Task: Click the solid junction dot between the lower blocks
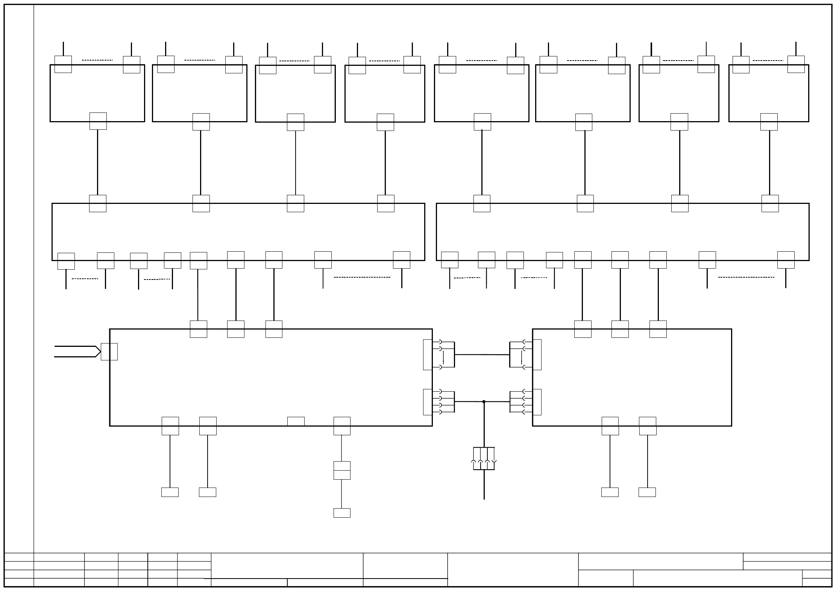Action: pos(484,402)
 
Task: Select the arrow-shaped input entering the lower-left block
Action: pos(77,351)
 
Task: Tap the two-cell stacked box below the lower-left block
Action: pos(342,470)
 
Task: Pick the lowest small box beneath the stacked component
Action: pos(342,513)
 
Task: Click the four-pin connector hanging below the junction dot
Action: pos(484,459)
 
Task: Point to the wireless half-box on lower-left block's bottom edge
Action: pos(296,421)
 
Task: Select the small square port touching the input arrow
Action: pos(109,351)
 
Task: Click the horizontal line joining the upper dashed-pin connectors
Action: pos(482,354)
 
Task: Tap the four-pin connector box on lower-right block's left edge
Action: pos(537,402)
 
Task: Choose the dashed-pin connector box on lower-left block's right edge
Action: pos(428,355)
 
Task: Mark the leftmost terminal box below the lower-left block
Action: pos(170,492)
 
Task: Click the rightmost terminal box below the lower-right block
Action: pos(647,492)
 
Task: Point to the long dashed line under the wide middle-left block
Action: pos(362,277)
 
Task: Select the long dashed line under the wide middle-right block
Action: pos(746,277)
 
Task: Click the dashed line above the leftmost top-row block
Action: pos(97,60)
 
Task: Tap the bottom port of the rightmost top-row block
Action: pos(769,122)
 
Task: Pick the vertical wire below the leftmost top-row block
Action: pos(98,162)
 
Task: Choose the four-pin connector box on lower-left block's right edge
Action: pos(428,402)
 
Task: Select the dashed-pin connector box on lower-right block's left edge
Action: pos(537,355)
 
